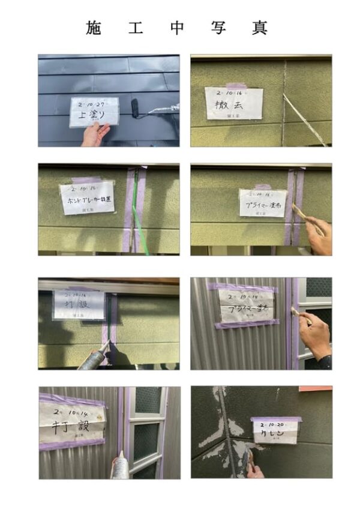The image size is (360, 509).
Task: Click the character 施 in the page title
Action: [94, 28]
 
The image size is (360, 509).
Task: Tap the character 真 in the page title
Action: [259, 28]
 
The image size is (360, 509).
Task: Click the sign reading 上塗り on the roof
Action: [94, 112]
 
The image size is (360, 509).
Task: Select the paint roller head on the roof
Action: [137, 109]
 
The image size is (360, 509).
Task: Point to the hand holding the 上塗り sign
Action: [95, 134]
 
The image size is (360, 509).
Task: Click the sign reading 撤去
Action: [233, 103]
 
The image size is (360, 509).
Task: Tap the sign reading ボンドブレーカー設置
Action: [87, 197]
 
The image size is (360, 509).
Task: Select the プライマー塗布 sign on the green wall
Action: [262, 203]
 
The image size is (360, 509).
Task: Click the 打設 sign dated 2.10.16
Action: [79, 305]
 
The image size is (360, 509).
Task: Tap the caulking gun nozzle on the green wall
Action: [104, 347]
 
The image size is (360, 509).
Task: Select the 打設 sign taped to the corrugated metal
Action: [71, 421]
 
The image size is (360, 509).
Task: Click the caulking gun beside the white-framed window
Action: [120, 464]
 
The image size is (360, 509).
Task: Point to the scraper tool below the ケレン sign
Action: [246, 459]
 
